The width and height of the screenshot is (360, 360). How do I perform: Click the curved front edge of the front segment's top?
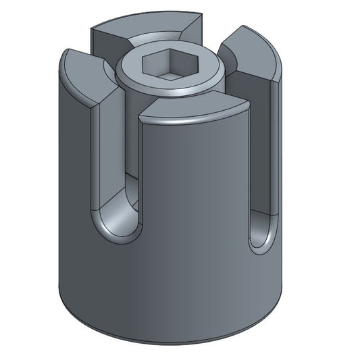pos(196,122)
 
